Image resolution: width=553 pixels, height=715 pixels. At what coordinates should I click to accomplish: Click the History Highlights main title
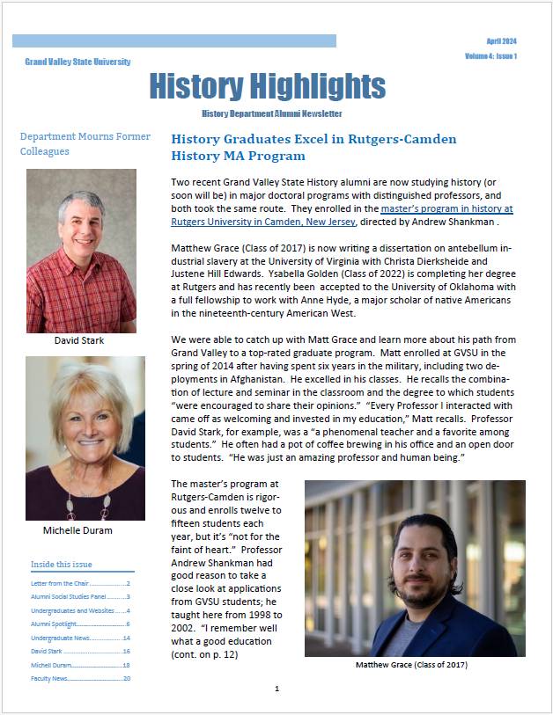click(x=267, y=86)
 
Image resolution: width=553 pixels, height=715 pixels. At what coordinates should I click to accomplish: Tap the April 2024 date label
click(x=501, y=41)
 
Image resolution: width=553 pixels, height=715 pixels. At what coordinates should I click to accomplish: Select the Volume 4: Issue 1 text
click(x=490, y=56)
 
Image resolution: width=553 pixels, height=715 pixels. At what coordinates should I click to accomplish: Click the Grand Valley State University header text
click(x=77, y=62)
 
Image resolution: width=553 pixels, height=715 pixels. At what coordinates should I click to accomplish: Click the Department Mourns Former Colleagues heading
click(x=85, y=143)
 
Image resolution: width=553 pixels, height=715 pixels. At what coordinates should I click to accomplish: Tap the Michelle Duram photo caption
click(x=77, y=530)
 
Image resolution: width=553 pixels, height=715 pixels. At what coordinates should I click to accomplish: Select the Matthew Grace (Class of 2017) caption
click(x=411, y=665)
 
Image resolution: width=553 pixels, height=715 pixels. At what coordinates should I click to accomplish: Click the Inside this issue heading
click(x=62, y=564)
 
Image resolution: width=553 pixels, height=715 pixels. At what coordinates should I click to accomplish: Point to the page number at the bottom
click(x=276, y=689)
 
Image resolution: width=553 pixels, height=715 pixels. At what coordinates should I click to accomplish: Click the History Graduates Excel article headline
click(x=313, y=147)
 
